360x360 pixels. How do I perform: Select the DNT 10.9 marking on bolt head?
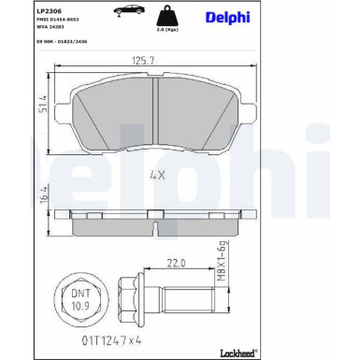coord(81,299)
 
